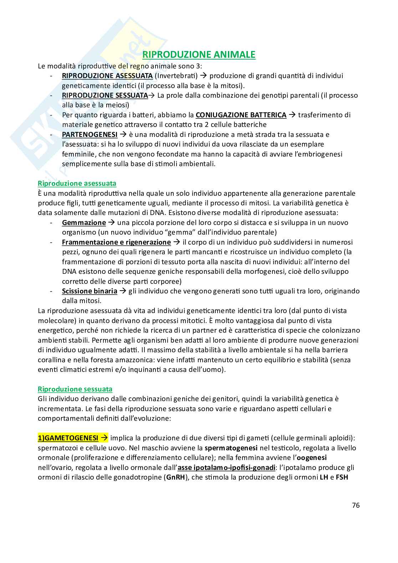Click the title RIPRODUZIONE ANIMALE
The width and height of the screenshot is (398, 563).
[x=199, y=55]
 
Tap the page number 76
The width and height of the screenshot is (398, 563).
[x=356, y=505]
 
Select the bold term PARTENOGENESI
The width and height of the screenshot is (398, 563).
[x=90, y=134]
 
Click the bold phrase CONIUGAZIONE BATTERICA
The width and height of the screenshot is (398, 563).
[x=241, y=115]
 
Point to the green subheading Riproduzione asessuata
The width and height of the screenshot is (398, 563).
[x=77, y=183]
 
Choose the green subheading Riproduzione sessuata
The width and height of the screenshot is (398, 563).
[x=75, y=389]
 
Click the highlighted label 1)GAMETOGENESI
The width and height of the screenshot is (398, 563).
[x=68, y=438]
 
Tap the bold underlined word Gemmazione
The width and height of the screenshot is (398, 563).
[x=84, y=222]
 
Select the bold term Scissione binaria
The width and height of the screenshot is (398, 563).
[x=90, y=291]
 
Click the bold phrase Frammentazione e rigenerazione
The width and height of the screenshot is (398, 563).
[x=116, y=242]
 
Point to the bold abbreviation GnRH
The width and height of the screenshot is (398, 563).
[x=176, y=477]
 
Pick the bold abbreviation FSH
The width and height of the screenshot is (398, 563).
[x=342, y=477]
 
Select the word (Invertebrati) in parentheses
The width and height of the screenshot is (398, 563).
[x=176, y=76]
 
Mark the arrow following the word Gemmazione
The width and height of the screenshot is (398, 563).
[x=111, y=222]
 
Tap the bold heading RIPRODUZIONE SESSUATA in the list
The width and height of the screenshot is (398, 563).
[x=105, y=95]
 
